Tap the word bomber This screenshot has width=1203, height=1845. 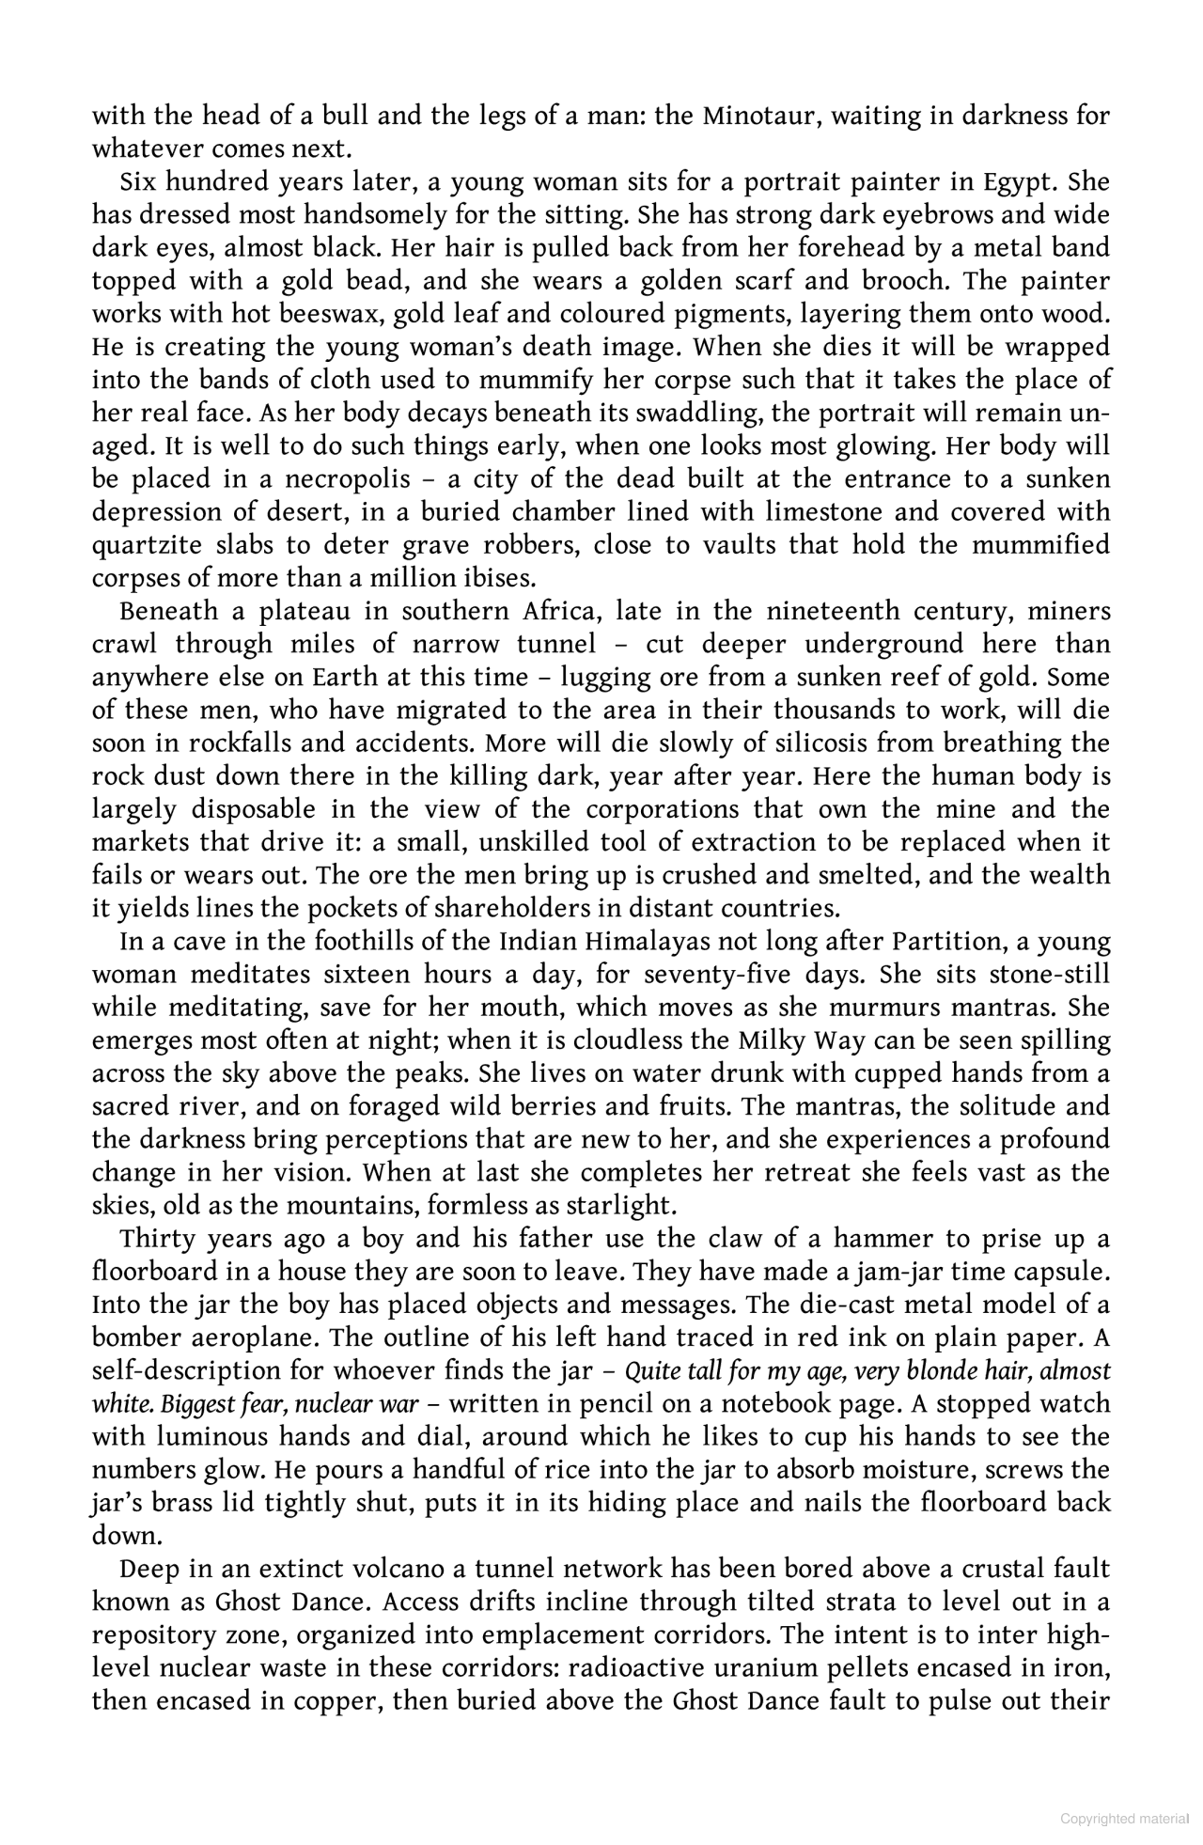click(x=136, y=1338)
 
